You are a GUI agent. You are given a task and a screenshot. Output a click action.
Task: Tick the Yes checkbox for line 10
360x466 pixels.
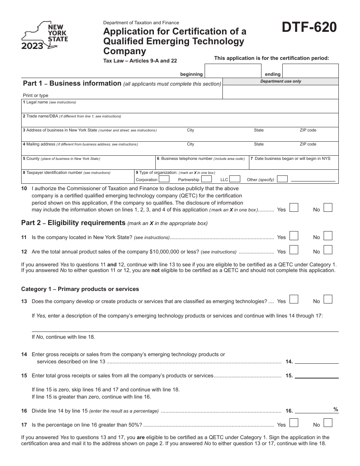point(294,208)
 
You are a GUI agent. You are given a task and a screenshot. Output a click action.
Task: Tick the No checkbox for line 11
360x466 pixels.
point(328,236)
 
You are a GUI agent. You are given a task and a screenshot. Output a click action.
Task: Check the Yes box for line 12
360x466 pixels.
point(294,250)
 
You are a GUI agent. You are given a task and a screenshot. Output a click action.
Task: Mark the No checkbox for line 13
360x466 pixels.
point(328,300)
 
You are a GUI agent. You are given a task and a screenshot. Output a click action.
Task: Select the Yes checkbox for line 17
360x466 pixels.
point(294,423)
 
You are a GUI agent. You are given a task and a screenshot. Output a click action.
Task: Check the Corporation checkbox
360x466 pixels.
point(164,179)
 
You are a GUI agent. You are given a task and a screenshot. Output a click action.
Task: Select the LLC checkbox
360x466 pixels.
point(235,179)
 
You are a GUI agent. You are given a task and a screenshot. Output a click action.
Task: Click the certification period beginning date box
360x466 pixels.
point(232,71)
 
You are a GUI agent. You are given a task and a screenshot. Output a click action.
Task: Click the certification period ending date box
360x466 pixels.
point(310,71)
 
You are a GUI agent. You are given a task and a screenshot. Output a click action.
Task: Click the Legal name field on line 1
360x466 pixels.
point(180,108)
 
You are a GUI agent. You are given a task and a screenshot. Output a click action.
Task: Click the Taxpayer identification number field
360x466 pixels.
point(78,179)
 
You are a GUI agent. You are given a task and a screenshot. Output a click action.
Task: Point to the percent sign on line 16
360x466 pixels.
point(336,409)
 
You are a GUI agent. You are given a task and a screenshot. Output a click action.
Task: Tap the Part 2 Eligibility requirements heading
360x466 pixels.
point(73,223)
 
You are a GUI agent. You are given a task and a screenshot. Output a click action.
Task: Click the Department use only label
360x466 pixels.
point(280,81)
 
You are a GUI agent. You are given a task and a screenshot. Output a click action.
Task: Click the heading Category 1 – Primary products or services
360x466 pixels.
point(80,289)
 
